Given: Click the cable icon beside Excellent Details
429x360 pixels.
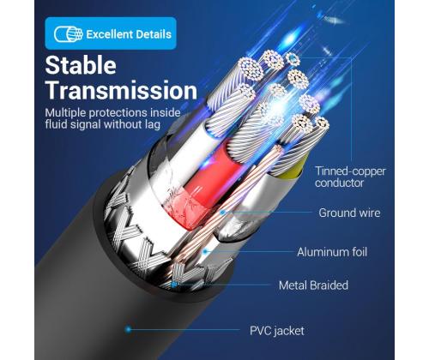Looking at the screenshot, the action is (68, 34).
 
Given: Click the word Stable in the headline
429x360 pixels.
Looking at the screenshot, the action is (81, 65).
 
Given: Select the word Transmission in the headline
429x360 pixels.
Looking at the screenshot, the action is (121, 90).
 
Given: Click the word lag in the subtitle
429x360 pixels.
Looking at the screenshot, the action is (153, 125).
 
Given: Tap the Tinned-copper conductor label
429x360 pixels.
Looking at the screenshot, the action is (350, 177).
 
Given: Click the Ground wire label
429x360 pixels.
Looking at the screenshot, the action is (349, 213).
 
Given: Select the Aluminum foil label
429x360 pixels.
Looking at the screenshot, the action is (332, 252).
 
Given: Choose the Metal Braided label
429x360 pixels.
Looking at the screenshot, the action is (313, 285).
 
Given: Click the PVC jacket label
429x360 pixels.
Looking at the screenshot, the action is (277, 331).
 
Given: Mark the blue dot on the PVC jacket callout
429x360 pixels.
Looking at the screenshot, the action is (129, 329).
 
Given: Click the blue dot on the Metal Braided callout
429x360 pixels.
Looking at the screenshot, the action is (174, 285).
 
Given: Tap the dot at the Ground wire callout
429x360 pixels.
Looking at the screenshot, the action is (223, 213).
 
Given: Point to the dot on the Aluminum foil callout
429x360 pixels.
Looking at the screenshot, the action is (204, 251).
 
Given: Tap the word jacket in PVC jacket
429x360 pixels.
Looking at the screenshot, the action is (289, 331).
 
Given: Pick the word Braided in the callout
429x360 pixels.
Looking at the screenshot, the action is (329, 285).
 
